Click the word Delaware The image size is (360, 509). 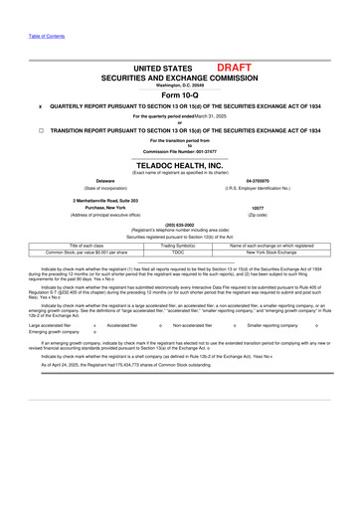[104, 181]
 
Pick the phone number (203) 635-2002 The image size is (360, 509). [179, 224]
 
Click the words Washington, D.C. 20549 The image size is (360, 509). [179, 85]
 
